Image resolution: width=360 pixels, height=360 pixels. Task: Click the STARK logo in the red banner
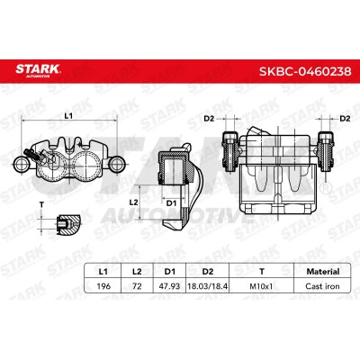click(x=38, y=71)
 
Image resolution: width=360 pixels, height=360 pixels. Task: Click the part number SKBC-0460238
click(x=305, y=72)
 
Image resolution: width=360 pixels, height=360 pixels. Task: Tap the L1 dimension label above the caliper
click(x=69, y=115)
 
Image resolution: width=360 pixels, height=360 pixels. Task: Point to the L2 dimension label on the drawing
click(x=133, y=202)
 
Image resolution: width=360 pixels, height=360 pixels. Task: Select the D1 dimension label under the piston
click(x=171, y=203)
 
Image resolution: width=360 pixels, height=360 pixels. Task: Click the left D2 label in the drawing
click(x=209, y=119)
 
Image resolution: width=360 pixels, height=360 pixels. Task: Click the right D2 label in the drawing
click(x=345, y=119)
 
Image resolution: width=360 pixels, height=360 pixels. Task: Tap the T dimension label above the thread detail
click(x=41, y=205)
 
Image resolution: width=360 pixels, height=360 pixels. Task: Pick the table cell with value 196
click(x=103, y=286)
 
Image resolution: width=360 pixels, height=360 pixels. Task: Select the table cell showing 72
click(x=137, y=286)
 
